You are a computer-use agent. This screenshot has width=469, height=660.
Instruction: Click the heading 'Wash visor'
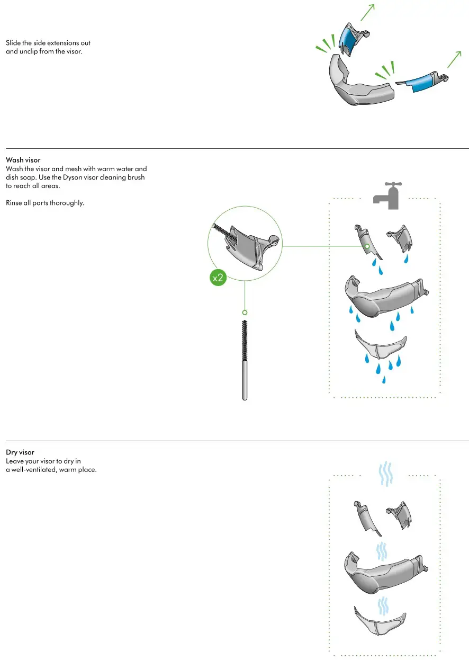pos(23,159)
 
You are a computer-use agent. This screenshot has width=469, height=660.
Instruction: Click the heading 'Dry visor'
pos(20,452)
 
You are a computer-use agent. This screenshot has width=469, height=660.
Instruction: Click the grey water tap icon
pos(387,195)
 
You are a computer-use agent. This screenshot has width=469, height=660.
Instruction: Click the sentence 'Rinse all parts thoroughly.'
pos(45,203)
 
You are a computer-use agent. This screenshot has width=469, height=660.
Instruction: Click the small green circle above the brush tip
pos(245,313)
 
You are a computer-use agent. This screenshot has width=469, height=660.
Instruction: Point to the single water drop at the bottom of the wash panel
pos(384,379)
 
